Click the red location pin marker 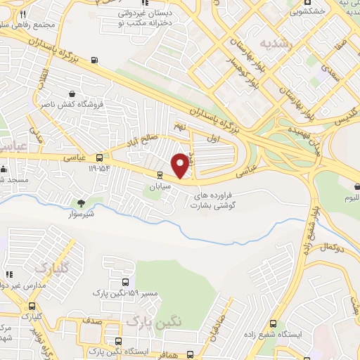coord(181,165)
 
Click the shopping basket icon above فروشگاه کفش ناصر coord(72,94)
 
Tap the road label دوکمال coord(330,249)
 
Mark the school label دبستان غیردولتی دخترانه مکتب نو coord(146,18)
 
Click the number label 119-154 coord(99,169)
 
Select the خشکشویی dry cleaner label coord(307,12)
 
